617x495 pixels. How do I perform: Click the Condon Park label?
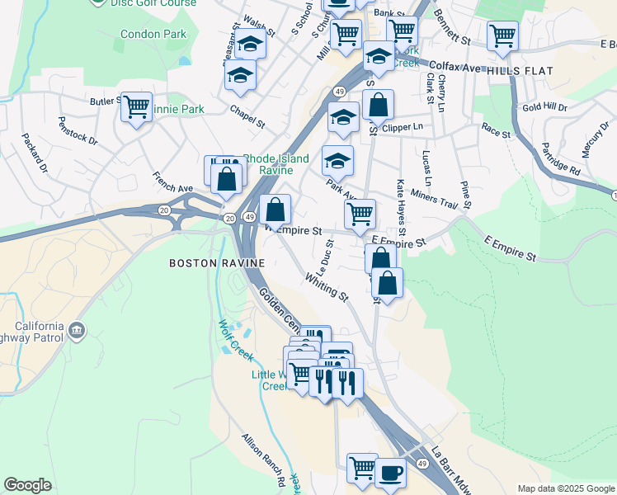(x=153, y=34)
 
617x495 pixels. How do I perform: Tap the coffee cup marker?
(x=391, y=474)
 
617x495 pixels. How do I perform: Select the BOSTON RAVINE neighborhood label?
(x=216, y=263)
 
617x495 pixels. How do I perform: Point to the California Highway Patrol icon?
(x=77, y=331)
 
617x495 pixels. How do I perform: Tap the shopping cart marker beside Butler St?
(x=137, y=107)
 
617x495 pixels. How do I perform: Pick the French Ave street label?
(x=172, y=182)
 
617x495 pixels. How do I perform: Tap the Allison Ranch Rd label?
(x=263, y=460)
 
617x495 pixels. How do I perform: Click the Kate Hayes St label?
(x=401, y=205)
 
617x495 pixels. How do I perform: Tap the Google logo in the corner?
(x=27, y=485)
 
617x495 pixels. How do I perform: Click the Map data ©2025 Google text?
(x=566, y=488)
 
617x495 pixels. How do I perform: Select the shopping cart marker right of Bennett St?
(x=502, y=36)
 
